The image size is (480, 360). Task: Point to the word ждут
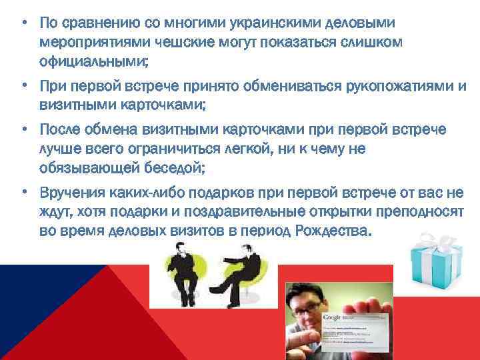[x=53, y=213]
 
